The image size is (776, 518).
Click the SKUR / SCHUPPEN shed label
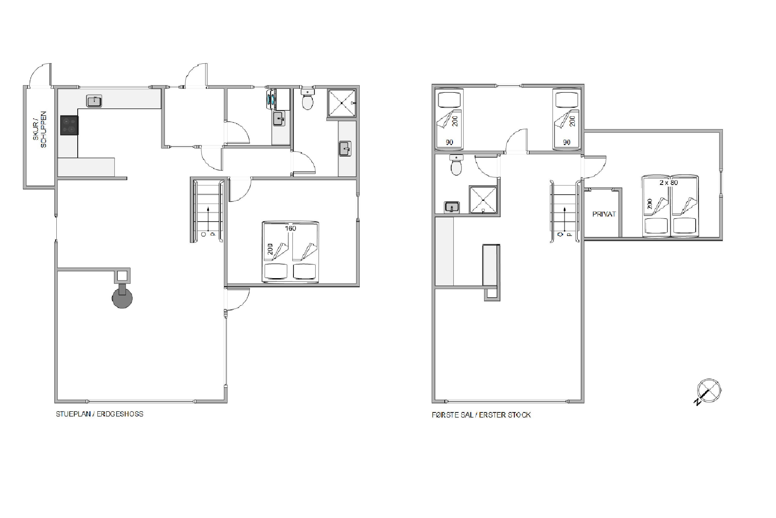40,130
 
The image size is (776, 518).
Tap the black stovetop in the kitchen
69,125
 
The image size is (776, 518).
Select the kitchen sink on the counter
94,101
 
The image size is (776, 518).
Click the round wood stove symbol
122,298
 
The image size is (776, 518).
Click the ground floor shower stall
341,103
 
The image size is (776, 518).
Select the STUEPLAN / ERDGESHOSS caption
100,414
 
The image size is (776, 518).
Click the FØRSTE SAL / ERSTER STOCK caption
481,415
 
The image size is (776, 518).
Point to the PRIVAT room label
604,214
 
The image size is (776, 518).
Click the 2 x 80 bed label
668,182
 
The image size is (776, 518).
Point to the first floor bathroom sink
452,207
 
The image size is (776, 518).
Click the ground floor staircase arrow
208,218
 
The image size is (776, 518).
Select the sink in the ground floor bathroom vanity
345,148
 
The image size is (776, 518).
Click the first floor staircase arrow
564,219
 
